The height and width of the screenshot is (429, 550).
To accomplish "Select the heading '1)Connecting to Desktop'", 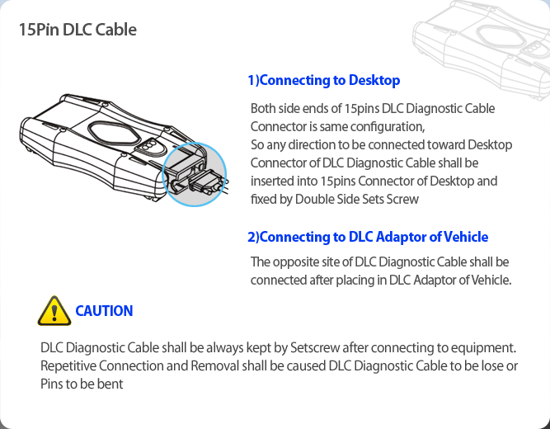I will pos(323,80).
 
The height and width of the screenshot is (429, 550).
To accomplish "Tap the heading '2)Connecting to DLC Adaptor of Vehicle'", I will pos(368,237).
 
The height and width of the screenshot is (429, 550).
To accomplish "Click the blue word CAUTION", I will pos(104,311).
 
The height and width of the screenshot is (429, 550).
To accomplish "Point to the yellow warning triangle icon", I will pos(54,311).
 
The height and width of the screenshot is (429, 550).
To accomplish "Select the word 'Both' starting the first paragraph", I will pos(264,109).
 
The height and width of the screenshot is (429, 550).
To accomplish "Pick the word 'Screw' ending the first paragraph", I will pos(402,199).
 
